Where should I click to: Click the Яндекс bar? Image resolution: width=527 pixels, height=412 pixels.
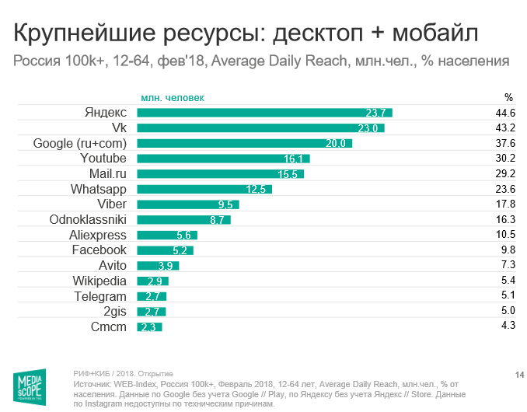point(264,113)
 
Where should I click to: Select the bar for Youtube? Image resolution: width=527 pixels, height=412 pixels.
point(223,159)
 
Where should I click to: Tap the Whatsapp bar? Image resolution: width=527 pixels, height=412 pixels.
point(204,189)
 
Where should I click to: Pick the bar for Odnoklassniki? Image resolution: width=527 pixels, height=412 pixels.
point(183,220)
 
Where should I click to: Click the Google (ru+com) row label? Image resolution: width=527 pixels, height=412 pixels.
point(79,143)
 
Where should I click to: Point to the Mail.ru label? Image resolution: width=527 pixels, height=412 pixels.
point(108,173)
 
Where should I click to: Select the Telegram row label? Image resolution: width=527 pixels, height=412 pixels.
point(99,296)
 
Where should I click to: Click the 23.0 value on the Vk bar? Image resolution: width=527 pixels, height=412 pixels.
point(368,128)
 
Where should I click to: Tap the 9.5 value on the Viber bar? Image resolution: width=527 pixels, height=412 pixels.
point(226,205)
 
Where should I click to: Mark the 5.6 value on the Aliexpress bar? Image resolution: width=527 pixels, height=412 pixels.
point(184,236)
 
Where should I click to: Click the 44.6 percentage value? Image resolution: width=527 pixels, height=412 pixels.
point(506,113)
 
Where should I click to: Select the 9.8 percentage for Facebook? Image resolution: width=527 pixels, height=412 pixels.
point(508,250)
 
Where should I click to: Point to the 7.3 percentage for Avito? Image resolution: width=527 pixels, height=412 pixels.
point(508,265)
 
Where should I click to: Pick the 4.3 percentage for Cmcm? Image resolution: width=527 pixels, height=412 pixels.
point(508,326)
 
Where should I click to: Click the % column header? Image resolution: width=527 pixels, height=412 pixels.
point(508,98)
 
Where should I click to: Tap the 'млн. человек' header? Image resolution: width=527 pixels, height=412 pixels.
point(173,98)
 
